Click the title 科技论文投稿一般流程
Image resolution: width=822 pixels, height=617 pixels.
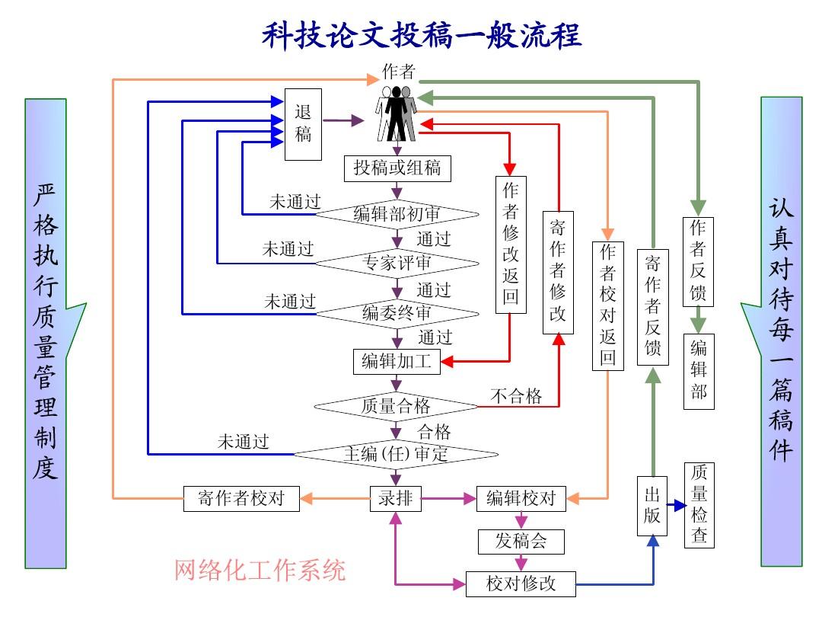tap(422, 35)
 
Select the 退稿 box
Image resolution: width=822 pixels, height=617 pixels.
tap(303, 124)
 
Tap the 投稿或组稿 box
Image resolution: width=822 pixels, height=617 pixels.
tap(397, 168)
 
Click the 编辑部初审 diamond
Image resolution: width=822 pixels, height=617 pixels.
tap(397, 214)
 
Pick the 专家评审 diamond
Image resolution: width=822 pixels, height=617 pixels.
tap(397, 264)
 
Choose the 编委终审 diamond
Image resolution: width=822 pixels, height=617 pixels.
tap(397, 312)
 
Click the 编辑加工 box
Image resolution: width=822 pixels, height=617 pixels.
tap(397, 361)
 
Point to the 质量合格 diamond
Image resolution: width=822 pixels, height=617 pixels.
tap(397, 406)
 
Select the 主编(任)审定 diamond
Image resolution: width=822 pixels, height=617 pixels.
tap(397, 454)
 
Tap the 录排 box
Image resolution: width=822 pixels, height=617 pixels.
tap(396, 499)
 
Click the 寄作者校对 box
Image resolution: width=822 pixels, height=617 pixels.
tap(241, 499)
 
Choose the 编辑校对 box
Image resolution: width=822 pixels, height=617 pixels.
tap(521, 499)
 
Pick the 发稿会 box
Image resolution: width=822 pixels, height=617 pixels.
tap(521, 542)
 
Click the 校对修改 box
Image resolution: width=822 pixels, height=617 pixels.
tap(521, 584)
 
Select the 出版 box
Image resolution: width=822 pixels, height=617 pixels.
tap(652, 504)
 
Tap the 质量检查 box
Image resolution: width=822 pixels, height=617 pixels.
tap(699, 504)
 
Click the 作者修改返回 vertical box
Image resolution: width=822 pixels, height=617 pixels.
tap(511, 244)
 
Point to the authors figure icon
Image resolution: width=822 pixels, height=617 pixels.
tap(397, 114)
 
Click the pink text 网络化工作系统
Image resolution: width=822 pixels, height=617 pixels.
tap(260, 570)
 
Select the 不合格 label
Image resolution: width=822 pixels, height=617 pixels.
tap(516, 395)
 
